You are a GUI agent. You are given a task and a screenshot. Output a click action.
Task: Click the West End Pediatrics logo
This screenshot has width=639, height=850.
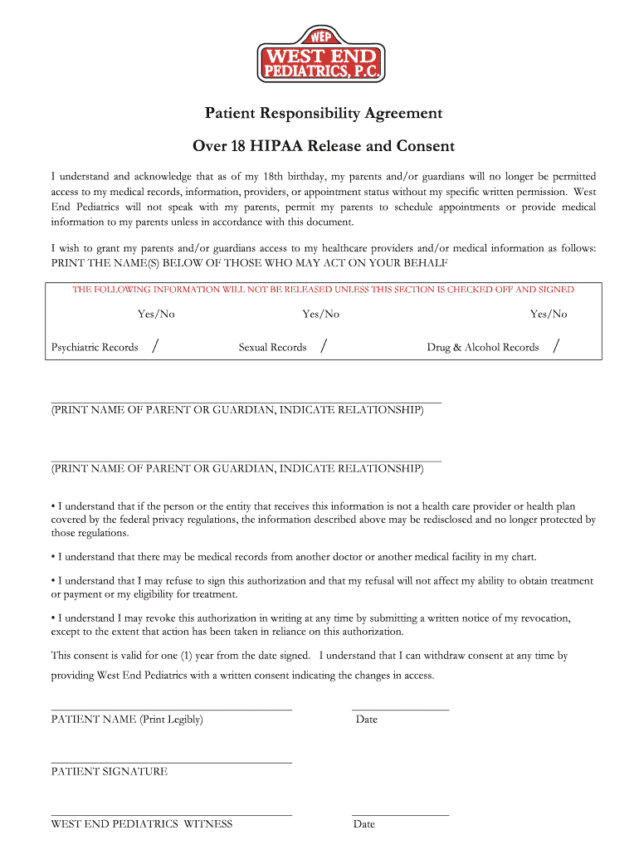(x=319, y=55)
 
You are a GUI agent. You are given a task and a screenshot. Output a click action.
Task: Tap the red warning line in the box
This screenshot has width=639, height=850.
(x=323, y=290)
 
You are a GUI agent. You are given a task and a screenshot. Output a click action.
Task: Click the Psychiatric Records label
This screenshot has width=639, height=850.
(x=95, y=347)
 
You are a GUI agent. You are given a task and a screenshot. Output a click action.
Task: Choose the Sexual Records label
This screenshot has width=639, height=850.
(x=272, y=347)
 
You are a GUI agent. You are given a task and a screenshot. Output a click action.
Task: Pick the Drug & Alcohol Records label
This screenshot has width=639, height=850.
(x=482, y=347)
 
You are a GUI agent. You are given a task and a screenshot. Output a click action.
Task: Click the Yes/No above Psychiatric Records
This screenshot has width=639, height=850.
(x=156, y=314)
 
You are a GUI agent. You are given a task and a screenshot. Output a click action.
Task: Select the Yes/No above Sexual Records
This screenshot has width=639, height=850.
(x=320, y=314)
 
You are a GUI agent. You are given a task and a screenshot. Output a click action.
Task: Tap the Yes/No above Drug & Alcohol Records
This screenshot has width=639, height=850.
(x=549, y=314)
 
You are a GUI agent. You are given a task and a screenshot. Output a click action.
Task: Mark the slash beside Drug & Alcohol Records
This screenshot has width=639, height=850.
(x=555, y=346)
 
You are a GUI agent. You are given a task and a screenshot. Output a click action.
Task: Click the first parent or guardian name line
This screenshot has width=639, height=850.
(x=246, y=401)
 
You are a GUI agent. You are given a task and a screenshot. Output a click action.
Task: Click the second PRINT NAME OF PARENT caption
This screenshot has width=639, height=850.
(x=237, y=469)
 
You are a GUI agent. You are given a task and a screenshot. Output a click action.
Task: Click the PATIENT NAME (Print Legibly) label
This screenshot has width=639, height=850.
(x=127, y=720)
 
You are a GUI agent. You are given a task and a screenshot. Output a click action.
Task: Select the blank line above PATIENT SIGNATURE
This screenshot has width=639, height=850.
(x=171, y=760)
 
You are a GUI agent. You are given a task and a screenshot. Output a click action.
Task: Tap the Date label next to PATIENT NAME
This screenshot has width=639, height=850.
(x=366, y=720)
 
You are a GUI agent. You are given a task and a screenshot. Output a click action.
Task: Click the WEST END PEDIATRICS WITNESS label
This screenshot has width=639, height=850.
(x=142, y=824)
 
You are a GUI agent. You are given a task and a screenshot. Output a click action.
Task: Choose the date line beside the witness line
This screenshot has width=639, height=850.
(x=400, y=814)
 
